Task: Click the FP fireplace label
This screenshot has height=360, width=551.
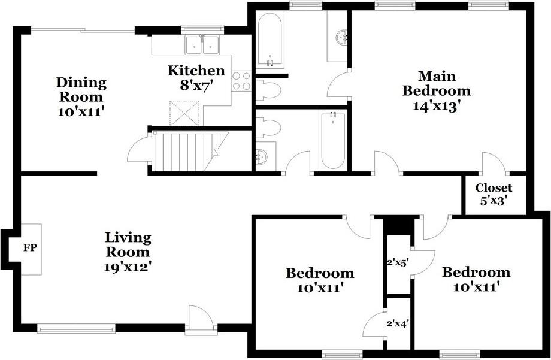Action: coord(30,248)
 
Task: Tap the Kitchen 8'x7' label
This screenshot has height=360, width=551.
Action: coord(196,78)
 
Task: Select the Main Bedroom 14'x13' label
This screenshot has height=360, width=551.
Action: coord(437,91)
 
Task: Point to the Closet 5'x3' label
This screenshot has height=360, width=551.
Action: coord(494,194)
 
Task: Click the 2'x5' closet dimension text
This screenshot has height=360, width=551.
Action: coord(398,262)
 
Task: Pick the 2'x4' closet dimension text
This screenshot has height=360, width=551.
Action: coord(398,323)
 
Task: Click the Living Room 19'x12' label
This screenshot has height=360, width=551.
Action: coord(128,252)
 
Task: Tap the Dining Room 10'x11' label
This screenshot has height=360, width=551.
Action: coord(81,96)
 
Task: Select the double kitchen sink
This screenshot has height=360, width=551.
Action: coord(202,45)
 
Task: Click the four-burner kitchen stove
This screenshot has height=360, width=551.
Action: coord(241,81)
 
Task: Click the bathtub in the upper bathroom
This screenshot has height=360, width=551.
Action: coord(270,40)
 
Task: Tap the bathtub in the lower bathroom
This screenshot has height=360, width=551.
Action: coord(332,140)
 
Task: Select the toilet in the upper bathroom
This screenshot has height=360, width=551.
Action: coord(268,90)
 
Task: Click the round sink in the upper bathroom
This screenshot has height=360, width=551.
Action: coord(342,37)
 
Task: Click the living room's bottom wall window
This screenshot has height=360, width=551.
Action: coord(76,329)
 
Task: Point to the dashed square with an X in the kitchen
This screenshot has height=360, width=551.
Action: coord(184,113)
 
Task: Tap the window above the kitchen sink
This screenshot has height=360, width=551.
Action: coord(202,29)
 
